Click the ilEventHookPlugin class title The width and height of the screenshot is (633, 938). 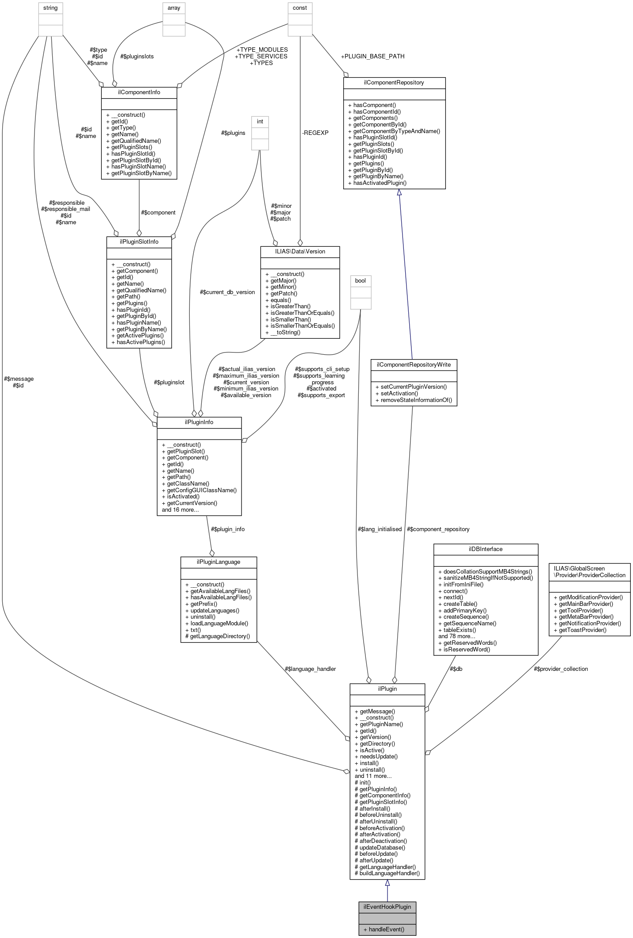pos(387,907)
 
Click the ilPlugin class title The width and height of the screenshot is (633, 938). pos(387,689)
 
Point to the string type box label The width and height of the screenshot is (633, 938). pos(50,8)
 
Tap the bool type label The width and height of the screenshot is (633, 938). pos(361,281)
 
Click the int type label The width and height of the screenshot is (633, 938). pos(260,122)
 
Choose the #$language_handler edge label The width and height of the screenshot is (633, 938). pos(310,669)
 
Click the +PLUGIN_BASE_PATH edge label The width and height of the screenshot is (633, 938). pos(372,56)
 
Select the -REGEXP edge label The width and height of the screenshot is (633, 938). pos(315,133)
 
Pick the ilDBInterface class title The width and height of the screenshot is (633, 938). pos(485,549)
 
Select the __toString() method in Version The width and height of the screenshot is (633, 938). pos(285,332)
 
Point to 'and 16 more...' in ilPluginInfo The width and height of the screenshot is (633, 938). pos(180,509)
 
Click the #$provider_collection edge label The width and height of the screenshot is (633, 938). pos(560,669)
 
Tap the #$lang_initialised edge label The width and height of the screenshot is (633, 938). pos(380,529)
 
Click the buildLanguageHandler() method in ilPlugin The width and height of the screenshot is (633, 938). pos(389,873)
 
